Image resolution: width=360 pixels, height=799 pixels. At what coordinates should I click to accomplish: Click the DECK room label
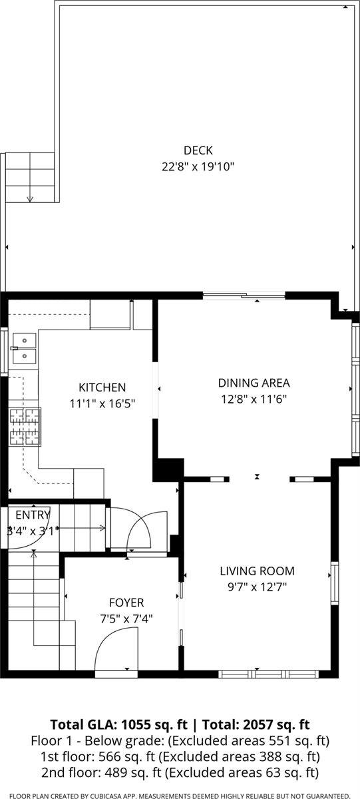point(198,150)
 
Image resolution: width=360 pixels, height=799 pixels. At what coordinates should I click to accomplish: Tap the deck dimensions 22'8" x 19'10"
point(198,166)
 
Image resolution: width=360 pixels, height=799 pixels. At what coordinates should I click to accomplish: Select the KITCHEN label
point(102,388)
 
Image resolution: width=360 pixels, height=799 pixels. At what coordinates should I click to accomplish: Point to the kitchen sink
point(25,348)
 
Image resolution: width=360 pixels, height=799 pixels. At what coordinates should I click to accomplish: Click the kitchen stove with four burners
point(25,427)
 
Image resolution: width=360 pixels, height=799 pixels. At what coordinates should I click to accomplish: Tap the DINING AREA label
point(254,383)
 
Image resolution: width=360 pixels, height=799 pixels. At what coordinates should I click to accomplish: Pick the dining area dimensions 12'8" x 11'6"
point(254,399)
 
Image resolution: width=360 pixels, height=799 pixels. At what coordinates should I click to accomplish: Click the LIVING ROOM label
point(257,571)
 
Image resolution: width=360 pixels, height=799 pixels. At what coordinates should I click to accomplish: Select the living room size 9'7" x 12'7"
point(257,587)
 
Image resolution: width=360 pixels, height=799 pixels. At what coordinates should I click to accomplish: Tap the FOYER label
point(126,603)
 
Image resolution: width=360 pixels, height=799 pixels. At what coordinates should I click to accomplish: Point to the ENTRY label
point(33,515)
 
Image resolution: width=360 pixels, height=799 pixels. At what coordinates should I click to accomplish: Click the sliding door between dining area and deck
point(244,296)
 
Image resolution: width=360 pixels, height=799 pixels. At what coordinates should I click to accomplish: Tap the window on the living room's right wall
point(334,583)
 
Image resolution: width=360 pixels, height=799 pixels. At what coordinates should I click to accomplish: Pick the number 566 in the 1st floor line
point(109,756)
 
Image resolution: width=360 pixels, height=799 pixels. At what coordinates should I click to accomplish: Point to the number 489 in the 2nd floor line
point(116,772)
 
